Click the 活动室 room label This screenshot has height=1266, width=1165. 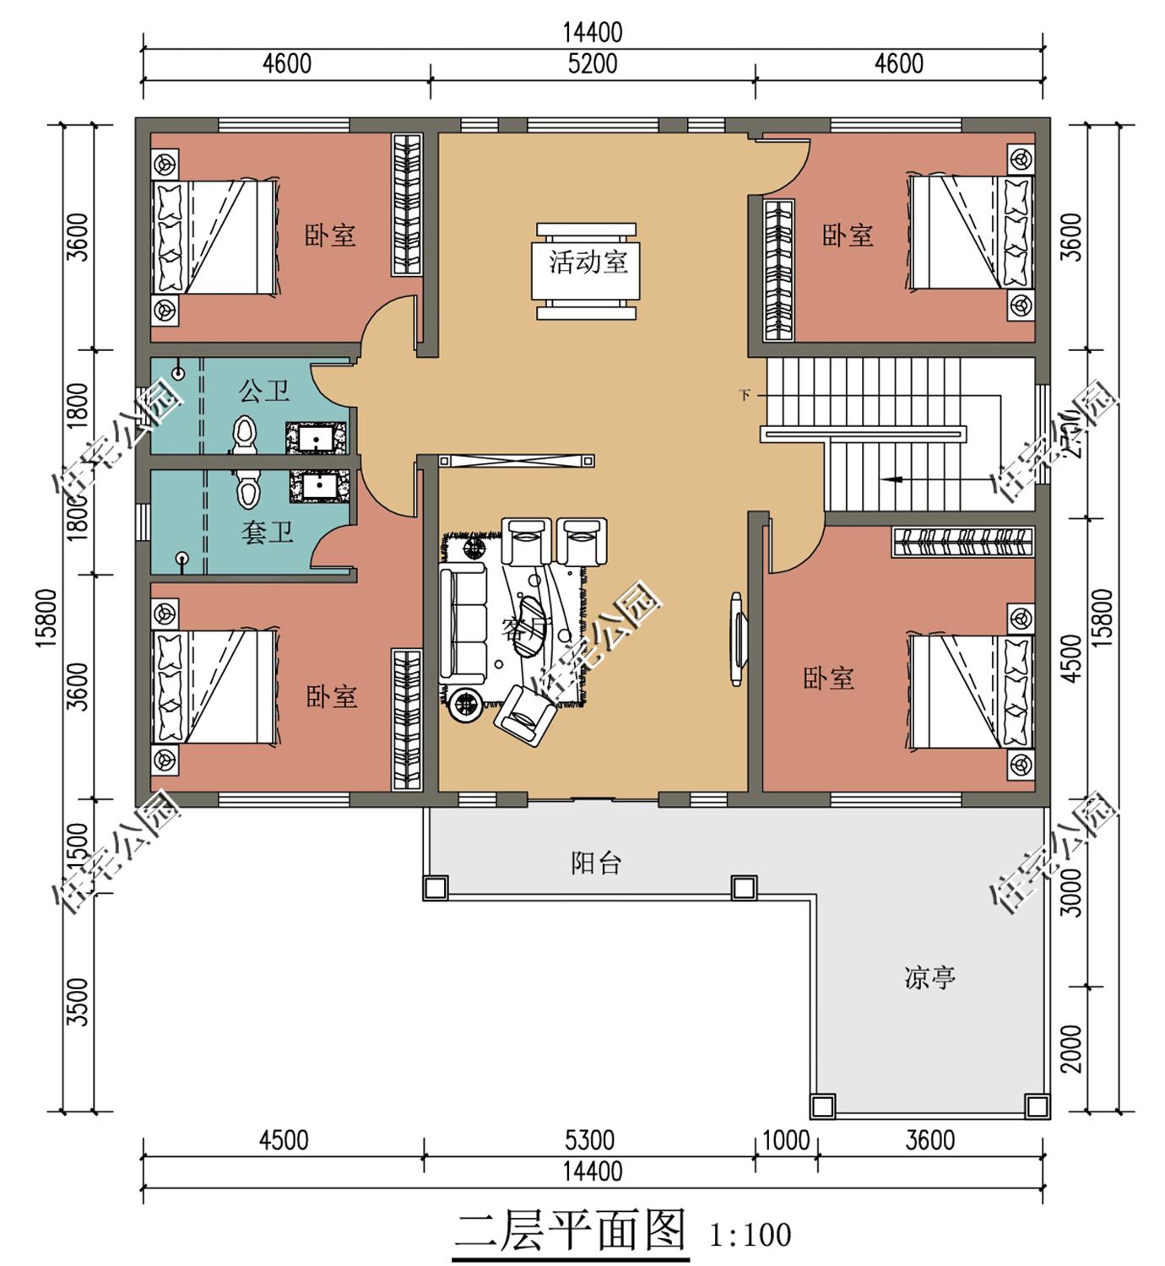588,262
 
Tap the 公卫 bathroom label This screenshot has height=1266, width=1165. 264,391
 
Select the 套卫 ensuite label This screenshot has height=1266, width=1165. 267,533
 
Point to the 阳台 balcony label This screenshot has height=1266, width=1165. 596,863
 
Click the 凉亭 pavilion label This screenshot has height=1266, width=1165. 929,977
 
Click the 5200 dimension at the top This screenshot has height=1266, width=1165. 592,64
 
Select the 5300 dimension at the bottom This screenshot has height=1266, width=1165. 589,1140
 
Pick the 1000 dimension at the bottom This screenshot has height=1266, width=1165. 785,1140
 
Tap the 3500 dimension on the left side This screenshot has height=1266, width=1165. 77,1002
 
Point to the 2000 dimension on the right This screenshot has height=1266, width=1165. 1070,1048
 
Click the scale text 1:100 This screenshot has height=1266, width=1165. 750,1236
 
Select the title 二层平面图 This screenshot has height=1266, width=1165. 570,1231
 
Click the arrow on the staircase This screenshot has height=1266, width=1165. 891,479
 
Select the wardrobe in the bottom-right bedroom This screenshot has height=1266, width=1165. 963,541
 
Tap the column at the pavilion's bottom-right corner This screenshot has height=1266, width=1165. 1036,1105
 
